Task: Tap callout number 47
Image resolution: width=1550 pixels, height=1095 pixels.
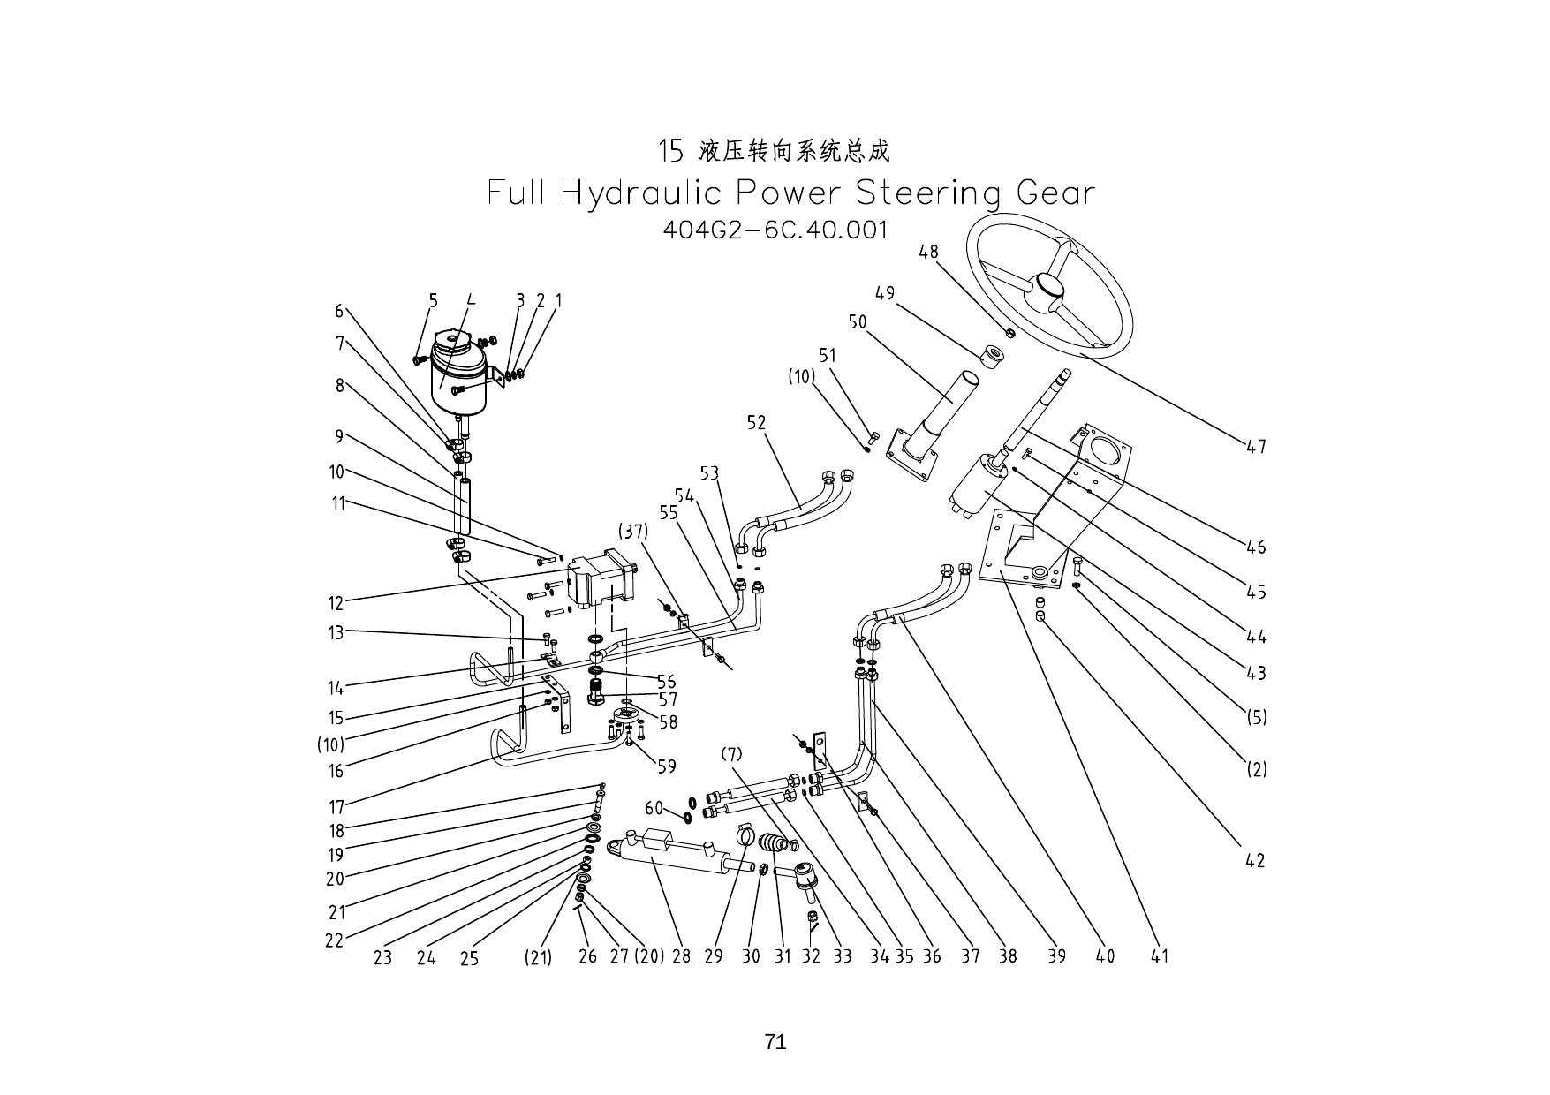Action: [1256, 448]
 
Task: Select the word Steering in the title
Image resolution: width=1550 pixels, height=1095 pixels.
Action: [928, 193]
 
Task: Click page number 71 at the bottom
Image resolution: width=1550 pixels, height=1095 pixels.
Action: [775, 1042]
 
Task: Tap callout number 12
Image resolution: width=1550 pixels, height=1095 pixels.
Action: [336, 604]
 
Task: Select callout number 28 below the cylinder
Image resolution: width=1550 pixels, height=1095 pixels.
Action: [681, 956]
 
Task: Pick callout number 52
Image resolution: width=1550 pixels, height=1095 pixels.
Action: [756, 423]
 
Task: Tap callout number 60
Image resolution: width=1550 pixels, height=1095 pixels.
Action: [654, 808]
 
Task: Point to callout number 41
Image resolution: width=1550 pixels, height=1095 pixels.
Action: [1159, 956]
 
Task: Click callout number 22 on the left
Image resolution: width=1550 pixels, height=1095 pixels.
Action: [334, 940]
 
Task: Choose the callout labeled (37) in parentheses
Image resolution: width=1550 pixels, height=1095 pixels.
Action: [633, 532]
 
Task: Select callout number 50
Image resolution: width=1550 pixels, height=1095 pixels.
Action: [857, 322]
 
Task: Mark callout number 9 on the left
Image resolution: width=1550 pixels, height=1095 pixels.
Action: [338, 436]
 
